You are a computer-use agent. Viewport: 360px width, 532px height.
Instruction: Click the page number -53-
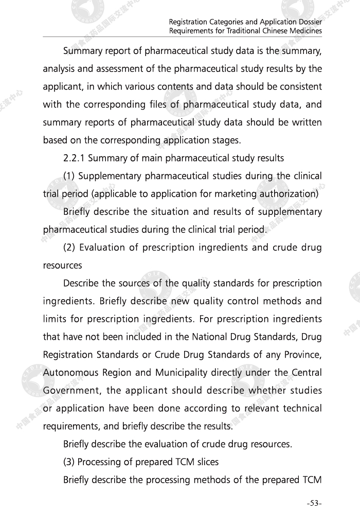click(x=314, y=504)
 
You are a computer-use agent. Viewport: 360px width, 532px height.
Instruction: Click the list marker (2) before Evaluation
click(x=69, y=248)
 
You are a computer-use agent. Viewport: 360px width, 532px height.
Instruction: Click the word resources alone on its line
click(x=62, y=266)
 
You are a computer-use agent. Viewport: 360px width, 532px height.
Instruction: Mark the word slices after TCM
click(x=206, y=462)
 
